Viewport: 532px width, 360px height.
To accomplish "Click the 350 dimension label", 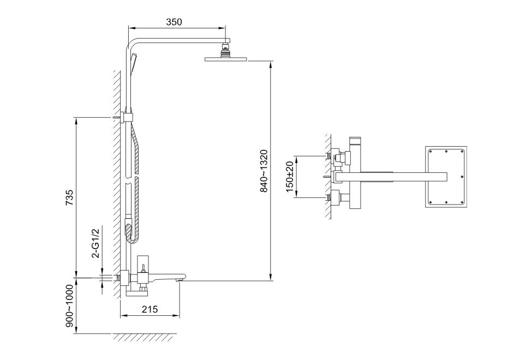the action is (174, 22).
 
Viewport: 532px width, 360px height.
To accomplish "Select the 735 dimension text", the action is (69, 197).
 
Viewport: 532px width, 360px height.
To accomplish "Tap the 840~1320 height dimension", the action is (264, 171).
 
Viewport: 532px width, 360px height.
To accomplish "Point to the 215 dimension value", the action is (150, 309).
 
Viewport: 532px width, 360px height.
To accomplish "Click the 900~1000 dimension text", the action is (69, 306).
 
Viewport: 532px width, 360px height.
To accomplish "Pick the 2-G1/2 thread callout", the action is (97, 243).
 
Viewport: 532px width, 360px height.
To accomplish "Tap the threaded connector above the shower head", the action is (225, 50).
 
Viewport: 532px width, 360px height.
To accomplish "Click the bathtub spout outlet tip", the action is (181, 279).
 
